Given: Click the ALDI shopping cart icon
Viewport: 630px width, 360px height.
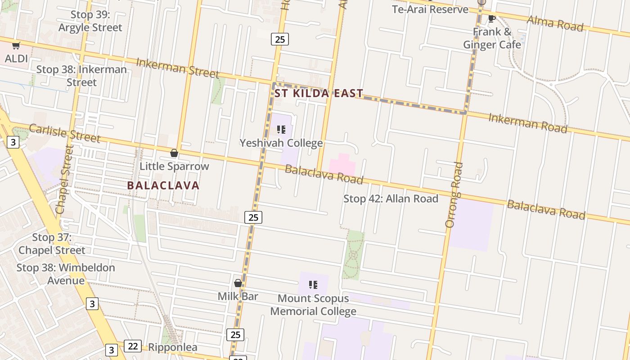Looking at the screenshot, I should click(16, 45).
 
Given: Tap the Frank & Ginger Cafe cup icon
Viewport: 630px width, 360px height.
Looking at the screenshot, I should click(492, 19).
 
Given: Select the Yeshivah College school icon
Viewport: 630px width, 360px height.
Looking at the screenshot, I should click(281, 130).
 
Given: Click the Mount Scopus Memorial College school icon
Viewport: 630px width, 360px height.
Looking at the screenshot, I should click(313, 285).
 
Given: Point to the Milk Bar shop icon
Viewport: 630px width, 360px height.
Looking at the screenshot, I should click(238, 283).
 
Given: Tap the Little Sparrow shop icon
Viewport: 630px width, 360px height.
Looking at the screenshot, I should click(174, 153).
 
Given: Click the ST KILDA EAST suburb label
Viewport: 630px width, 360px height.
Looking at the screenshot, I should click(319, 94).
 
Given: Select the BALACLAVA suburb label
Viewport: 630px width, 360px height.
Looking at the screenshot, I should click(163, 185).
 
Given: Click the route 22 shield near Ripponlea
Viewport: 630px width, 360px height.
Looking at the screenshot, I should click(133, 346).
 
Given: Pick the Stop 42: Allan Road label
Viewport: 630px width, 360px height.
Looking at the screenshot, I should click(391, 198).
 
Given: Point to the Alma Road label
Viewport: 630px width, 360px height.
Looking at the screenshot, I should click(555, 23).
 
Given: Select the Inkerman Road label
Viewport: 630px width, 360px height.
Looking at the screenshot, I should click(528, 123).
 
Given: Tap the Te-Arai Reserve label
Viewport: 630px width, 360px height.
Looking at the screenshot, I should click(430, 9).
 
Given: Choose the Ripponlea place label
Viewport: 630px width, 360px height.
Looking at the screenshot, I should click(172, 347).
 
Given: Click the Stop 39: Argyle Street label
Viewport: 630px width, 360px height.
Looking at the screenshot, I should click(90, 21).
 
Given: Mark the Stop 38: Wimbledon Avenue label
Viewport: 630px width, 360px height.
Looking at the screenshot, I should click(66, 274).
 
